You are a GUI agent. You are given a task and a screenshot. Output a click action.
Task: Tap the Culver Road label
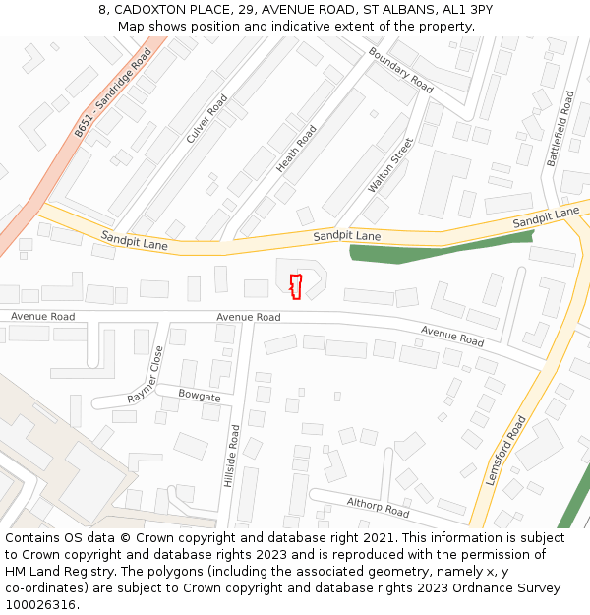[206, 119]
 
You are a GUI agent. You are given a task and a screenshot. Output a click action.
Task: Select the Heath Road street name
[296, 150]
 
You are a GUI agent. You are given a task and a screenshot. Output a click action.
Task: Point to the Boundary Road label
[400, 70]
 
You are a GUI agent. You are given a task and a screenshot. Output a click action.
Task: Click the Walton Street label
[390, 164]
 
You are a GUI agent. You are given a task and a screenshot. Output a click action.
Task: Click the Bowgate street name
[200, 396]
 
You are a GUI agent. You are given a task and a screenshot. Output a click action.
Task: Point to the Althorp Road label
[378, 508]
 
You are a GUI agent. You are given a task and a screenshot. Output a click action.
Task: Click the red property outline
[295, 286]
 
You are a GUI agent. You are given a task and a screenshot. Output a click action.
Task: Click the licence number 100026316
[39, 604]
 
